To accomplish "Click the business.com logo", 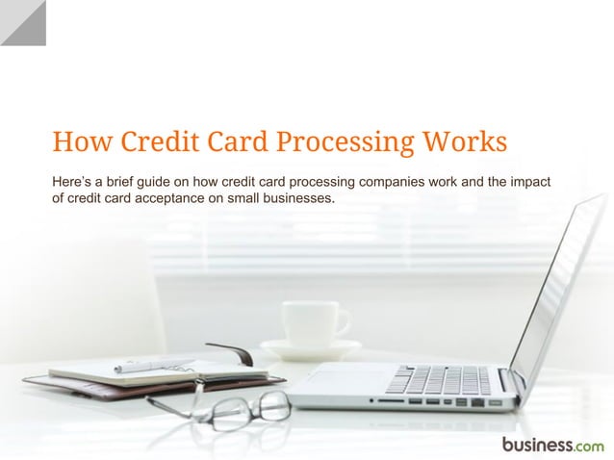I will (x=552, y=444).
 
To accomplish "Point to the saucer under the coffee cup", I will (x=310, y=348).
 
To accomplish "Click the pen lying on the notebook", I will (x=154, y=364).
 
